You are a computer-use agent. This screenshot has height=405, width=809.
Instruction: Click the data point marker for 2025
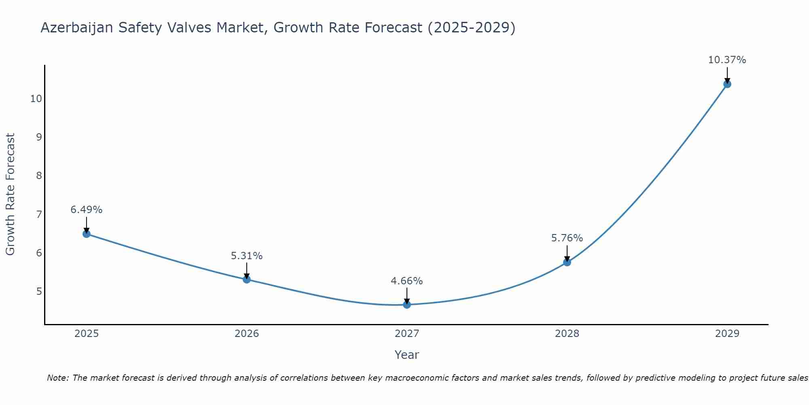point(86,234)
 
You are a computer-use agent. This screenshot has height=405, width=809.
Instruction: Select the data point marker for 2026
point(247,279)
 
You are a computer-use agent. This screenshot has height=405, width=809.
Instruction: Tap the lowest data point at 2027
point(407,305)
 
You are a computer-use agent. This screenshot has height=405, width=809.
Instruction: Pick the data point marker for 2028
point(567,262)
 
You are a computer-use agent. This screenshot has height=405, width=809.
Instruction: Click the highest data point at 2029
point(727,84)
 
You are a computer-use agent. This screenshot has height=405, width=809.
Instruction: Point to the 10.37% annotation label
point(727,60)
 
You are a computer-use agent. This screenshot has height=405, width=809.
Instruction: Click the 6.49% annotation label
point(86,210)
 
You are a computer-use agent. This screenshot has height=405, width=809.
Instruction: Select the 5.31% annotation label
point(247,256)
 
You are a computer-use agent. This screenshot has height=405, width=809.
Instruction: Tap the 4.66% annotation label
point(407,281)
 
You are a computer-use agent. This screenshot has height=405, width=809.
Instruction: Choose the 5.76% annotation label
point(567,238)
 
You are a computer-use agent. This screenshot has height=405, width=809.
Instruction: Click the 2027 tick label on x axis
point(407,334)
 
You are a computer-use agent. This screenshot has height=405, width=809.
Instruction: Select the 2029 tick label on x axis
point(727,334)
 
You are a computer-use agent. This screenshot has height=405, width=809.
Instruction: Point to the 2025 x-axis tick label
point(87,334)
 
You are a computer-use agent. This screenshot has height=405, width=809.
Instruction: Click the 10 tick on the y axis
point(36,98)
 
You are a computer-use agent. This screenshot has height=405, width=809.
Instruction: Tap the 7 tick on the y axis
point(39,214)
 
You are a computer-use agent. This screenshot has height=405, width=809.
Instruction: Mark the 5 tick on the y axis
point(39,291)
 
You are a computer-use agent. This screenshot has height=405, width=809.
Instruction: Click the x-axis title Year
point(407,355)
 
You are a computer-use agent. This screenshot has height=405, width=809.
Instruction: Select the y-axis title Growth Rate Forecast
point(10,194)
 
